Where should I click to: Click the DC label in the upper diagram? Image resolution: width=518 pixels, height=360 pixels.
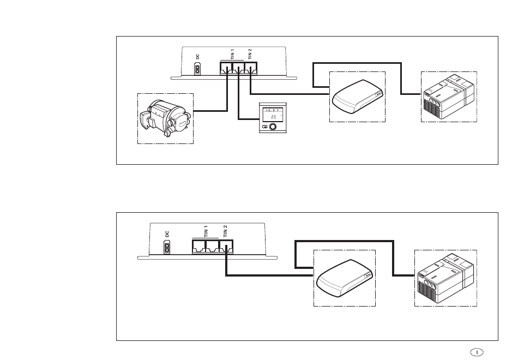(x=197, y=57)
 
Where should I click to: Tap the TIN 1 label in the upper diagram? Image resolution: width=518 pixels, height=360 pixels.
(x=233, y=54)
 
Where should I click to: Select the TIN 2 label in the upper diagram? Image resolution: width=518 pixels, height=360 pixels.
(x=250, y=54)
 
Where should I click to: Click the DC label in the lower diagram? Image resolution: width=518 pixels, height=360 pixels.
(x=167, y=234)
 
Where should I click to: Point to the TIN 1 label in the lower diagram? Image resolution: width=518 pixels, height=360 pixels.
(x=206, y=231)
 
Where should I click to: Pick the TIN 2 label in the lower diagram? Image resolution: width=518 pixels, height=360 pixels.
(x=225, y=231)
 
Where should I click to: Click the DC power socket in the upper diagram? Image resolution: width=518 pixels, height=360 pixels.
(x=197, y=69)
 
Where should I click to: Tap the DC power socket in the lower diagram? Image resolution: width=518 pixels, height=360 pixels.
(x=167, y=247)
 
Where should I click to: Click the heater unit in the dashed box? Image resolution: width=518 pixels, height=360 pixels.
(x=165, y=118)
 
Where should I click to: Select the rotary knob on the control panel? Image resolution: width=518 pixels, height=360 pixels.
(x=273, y=127)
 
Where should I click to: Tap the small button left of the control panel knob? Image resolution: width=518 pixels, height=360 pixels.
(x=264, y=127)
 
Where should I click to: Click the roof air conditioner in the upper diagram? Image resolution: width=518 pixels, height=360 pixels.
(x=358, y=96)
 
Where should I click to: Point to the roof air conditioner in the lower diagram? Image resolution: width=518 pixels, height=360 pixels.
(x=345, y=277)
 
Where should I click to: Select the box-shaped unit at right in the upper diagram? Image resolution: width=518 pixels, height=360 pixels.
(x=449, y=98)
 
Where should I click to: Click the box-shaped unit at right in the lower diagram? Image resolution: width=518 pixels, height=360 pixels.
(x=445, y=279)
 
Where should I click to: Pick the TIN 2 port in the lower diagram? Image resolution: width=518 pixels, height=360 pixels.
(x=227, y=247)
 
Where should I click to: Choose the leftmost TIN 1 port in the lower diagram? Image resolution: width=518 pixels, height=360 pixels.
(x=199, y=247)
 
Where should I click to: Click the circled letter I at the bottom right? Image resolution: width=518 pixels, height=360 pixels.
(x=477, y=352)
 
